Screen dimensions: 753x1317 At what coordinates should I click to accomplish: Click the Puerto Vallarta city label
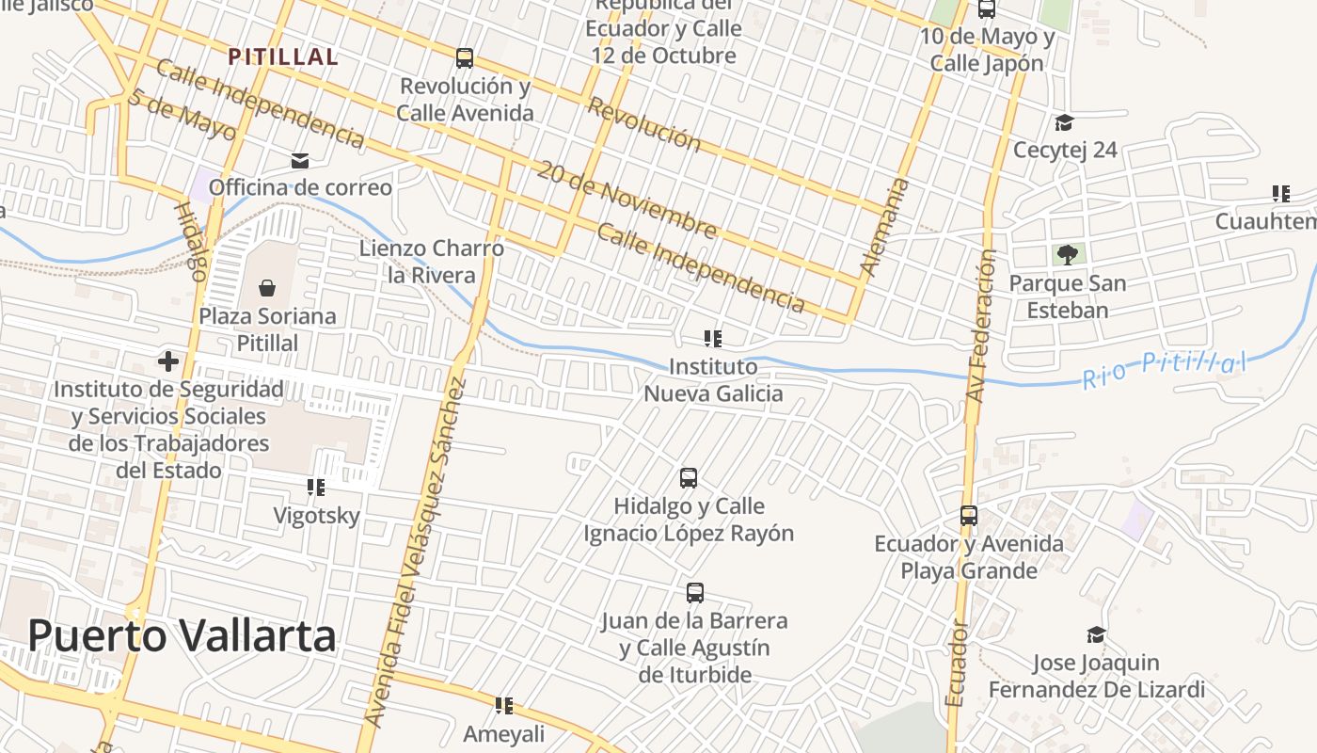(x=182, y=636)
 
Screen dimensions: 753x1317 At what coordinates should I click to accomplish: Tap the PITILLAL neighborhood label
(x=282, y=56)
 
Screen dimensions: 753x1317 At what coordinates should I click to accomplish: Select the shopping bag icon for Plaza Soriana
(x=267, y=287)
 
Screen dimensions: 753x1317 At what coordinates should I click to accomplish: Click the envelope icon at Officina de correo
(x=300, y=161)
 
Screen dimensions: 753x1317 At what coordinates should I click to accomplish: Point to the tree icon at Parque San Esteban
(x=1067, y=254)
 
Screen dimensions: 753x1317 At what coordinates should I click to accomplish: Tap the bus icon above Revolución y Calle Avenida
(x=465, y=58)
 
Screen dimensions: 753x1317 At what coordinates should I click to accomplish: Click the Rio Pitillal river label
(x=1164, y=369)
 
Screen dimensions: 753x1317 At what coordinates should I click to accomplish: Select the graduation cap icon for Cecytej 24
(x=1064, y=122)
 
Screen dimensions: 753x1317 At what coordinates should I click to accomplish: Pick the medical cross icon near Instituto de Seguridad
(x=168, y=360)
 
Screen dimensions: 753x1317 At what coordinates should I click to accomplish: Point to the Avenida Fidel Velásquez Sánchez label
(x=415, y=552)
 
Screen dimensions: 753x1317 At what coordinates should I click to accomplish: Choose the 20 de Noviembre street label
(x=626, y=199)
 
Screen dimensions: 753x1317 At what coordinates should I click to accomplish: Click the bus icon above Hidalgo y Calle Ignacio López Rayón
(x=689, y=478)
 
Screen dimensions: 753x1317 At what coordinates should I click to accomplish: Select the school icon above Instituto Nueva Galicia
(x=713, y=338)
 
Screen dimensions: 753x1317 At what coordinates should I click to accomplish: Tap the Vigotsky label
(x=316, y=516)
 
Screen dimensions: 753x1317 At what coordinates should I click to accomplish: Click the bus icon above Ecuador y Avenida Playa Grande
(x=969, y=516)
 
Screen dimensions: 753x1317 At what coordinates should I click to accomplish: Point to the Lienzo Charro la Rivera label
(x=432, y=262)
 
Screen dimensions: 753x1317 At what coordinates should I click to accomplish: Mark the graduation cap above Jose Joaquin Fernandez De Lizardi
(x=1095, y=634)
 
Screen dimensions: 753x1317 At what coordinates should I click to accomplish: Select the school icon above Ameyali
(x=504, y=705)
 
